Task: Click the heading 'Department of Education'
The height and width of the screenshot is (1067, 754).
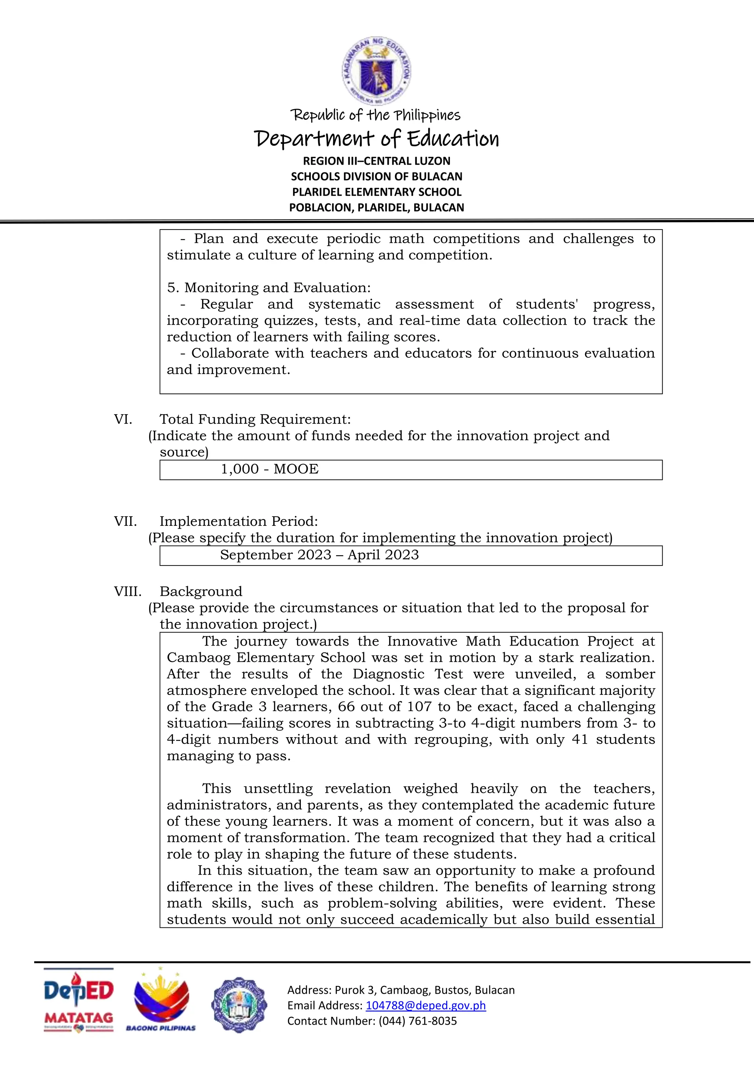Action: pyautogui.click(x=377, y=139)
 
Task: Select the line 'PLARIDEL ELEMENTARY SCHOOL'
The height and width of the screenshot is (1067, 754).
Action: pyautogui.click(x=377, y=192)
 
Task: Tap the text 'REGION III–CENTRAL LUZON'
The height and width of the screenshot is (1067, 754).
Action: pyautogui.click(x=377, y=161)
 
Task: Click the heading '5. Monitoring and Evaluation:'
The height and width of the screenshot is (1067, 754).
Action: pyautogui.click(x=269, y=288)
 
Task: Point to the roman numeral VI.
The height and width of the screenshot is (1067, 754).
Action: pyautogui.click(x=123, y=419)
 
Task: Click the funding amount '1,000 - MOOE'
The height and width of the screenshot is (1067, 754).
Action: pyautogui.click(x=269, y=469)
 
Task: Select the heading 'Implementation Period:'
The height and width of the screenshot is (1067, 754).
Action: pyautogui.click(x=239, y=521)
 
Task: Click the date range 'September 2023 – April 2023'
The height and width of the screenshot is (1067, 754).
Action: pyautogui.click(x=320, y=555)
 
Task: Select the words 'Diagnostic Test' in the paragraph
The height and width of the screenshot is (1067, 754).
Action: pyautogui.click(x=407, y=674)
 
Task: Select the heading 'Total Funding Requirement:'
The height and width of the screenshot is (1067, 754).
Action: pyautogui.click(x=255, y=419)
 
